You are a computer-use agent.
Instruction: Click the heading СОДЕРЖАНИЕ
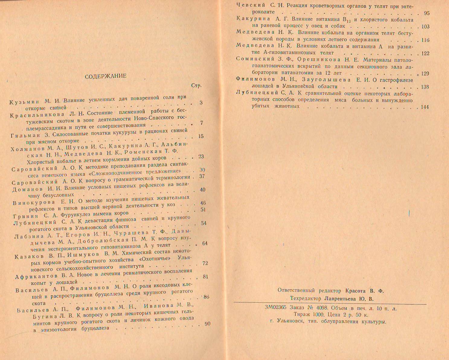coord(105,76)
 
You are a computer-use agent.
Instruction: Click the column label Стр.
coord(196,86)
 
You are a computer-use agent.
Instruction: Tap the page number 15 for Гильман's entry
coord(201,136)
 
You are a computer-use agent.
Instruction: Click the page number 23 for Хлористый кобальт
coord(201,156)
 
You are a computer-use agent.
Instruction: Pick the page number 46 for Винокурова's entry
coord(203,203)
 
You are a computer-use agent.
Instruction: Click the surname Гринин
coord(26,216)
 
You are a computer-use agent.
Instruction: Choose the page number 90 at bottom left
coord(207,324)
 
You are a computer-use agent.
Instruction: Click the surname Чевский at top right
coord(251,5)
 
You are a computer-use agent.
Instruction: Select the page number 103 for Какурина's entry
coord(425,27)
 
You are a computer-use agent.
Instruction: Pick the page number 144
coord(425,107)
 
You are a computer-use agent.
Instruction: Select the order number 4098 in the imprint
coord(321,309)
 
